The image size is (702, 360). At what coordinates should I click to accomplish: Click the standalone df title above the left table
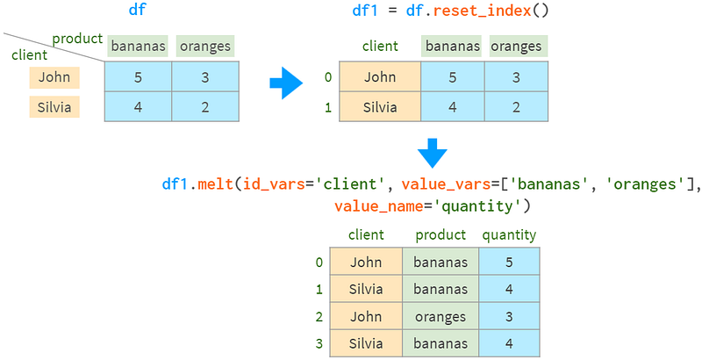pyautogui.click(x=137, y=10)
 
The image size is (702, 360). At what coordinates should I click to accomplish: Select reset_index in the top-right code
pyautogui.click(x=482, y=11)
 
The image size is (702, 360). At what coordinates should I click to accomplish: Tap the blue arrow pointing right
pyautogui.click(x=286, y=83)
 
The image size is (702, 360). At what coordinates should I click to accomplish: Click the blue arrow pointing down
pyautogui.click(x=433, y=153)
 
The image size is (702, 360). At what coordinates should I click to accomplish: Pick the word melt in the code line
pyautogui.click(x=215, y=184)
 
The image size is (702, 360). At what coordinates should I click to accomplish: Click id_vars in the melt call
pyautogui.click(x=275, y=184)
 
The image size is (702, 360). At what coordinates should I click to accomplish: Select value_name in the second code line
pyautogui.click(x=378, y=206)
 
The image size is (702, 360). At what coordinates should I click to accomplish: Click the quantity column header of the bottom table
pyautogui.click(x=509, y=235)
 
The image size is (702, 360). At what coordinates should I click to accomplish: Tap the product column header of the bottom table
pyautogui.click(x=441, y=235)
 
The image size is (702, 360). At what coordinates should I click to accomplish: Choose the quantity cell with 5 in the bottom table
pyautogui.click(x=509, y=262)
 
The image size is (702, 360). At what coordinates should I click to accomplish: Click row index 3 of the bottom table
pyautogui.click(x=319, y=343)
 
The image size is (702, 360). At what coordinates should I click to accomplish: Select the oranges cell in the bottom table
pyautogui.click(x=441, y=316)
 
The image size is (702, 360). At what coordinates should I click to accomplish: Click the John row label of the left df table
pyautogui.click(x=54, y=77)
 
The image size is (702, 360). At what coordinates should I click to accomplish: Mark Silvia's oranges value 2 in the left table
pyautogui.click(x=205, y=106)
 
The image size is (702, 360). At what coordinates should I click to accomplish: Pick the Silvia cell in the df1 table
pyautogui.click(x=380, y=106)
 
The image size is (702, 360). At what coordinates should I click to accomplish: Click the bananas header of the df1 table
pyautogui.click(x=452, y=47)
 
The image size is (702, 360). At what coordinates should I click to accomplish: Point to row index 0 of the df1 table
pyautogui.click(x=328, y=77)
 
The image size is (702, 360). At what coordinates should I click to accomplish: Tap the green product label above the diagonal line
pyautogui.click(x=77, y=39)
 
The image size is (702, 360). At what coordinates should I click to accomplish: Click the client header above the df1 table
pyautogui.click(x=380, y=47)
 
